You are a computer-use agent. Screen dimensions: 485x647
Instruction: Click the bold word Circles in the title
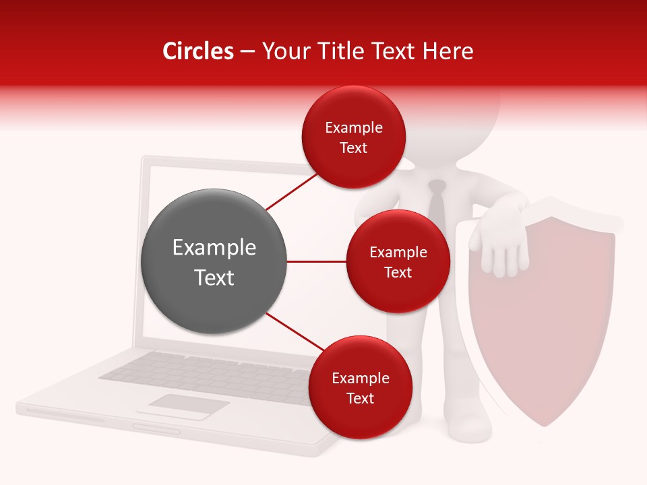pos(197,51)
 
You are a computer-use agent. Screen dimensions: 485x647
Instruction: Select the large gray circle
pos(214,261)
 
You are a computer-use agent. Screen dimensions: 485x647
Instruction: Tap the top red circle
pos(354,137)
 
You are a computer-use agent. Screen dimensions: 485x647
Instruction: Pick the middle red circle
pos(398,261)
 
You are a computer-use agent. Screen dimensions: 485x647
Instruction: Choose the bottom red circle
pos(360,387)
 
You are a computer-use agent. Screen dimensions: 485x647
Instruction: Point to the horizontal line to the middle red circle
pos(316,261)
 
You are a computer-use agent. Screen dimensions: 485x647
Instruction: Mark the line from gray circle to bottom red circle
pos(295,332)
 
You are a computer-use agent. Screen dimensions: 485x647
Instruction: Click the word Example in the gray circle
pos(214,248)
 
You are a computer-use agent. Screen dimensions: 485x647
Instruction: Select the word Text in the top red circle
pos(354,148)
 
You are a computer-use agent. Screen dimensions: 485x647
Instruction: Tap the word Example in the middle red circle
pos(398,253)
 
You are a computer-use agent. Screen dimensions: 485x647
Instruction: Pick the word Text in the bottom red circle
pos(360,399)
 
